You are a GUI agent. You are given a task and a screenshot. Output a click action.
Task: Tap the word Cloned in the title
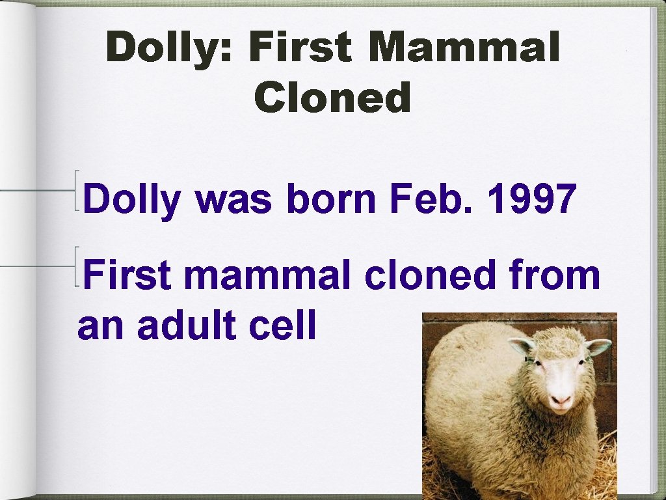click(x=333, y=98)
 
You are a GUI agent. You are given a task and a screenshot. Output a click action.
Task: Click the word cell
click(x=284, y=325)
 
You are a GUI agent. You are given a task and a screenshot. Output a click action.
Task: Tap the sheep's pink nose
click(x=560, y=399)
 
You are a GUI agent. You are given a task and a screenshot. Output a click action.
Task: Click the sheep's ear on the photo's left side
click(x=522, y=345)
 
